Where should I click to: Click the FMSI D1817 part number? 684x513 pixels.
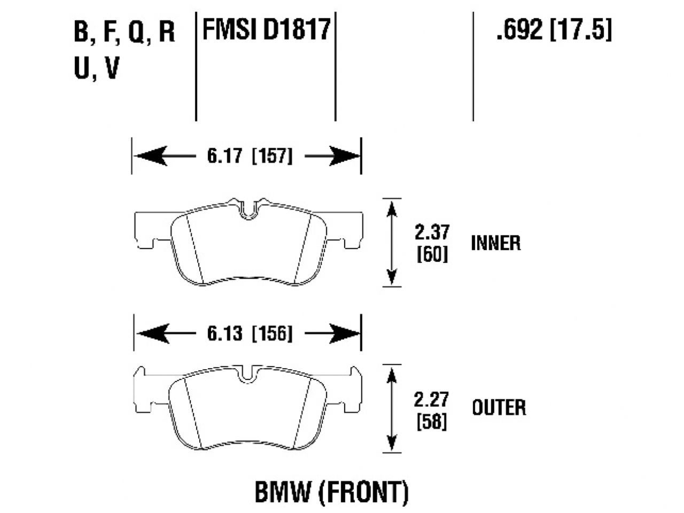click(266, 29)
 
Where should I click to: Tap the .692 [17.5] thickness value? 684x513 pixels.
click(553, 29)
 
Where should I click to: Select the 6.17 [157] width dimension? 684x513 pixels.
click(248, 156)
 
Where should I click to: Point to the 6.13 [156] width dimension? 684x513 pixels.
click(248, 334)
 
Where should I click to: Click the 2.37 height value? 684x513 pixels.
click(432, 233)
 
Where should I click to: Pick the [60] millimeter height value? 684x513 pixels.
click(432, 254)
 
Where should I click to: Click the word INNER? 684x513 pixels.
click(495, 243)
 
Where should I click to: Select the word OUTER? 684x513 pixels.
click(499, 408)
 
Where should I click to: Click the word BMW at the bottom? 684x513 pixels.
click(282, 492)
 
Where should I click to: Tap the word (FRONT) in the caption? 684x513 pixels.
click(363, 492)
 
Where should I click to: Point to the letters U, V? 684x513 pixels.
click(96, 68)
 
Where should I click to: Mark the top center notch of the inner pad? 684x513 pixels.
click(247, 211)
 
